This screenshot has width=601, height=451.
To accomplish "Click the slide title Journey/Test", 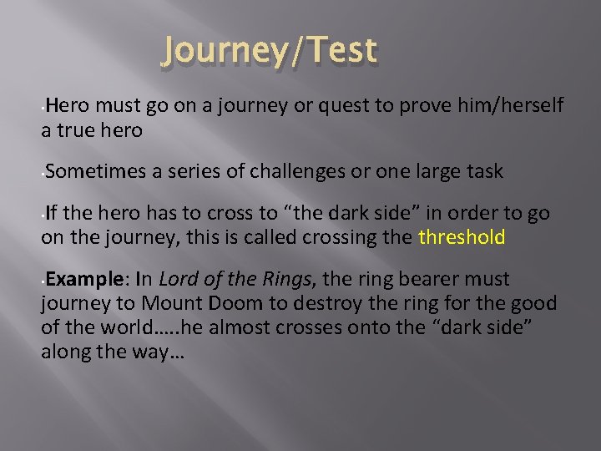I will click(x=270, y=51).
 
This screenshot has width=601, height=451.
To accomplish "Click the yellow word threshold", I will click(x=462, y=237).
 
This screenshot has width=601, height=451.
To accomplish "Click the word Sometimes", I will click(x=96, y=172).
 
